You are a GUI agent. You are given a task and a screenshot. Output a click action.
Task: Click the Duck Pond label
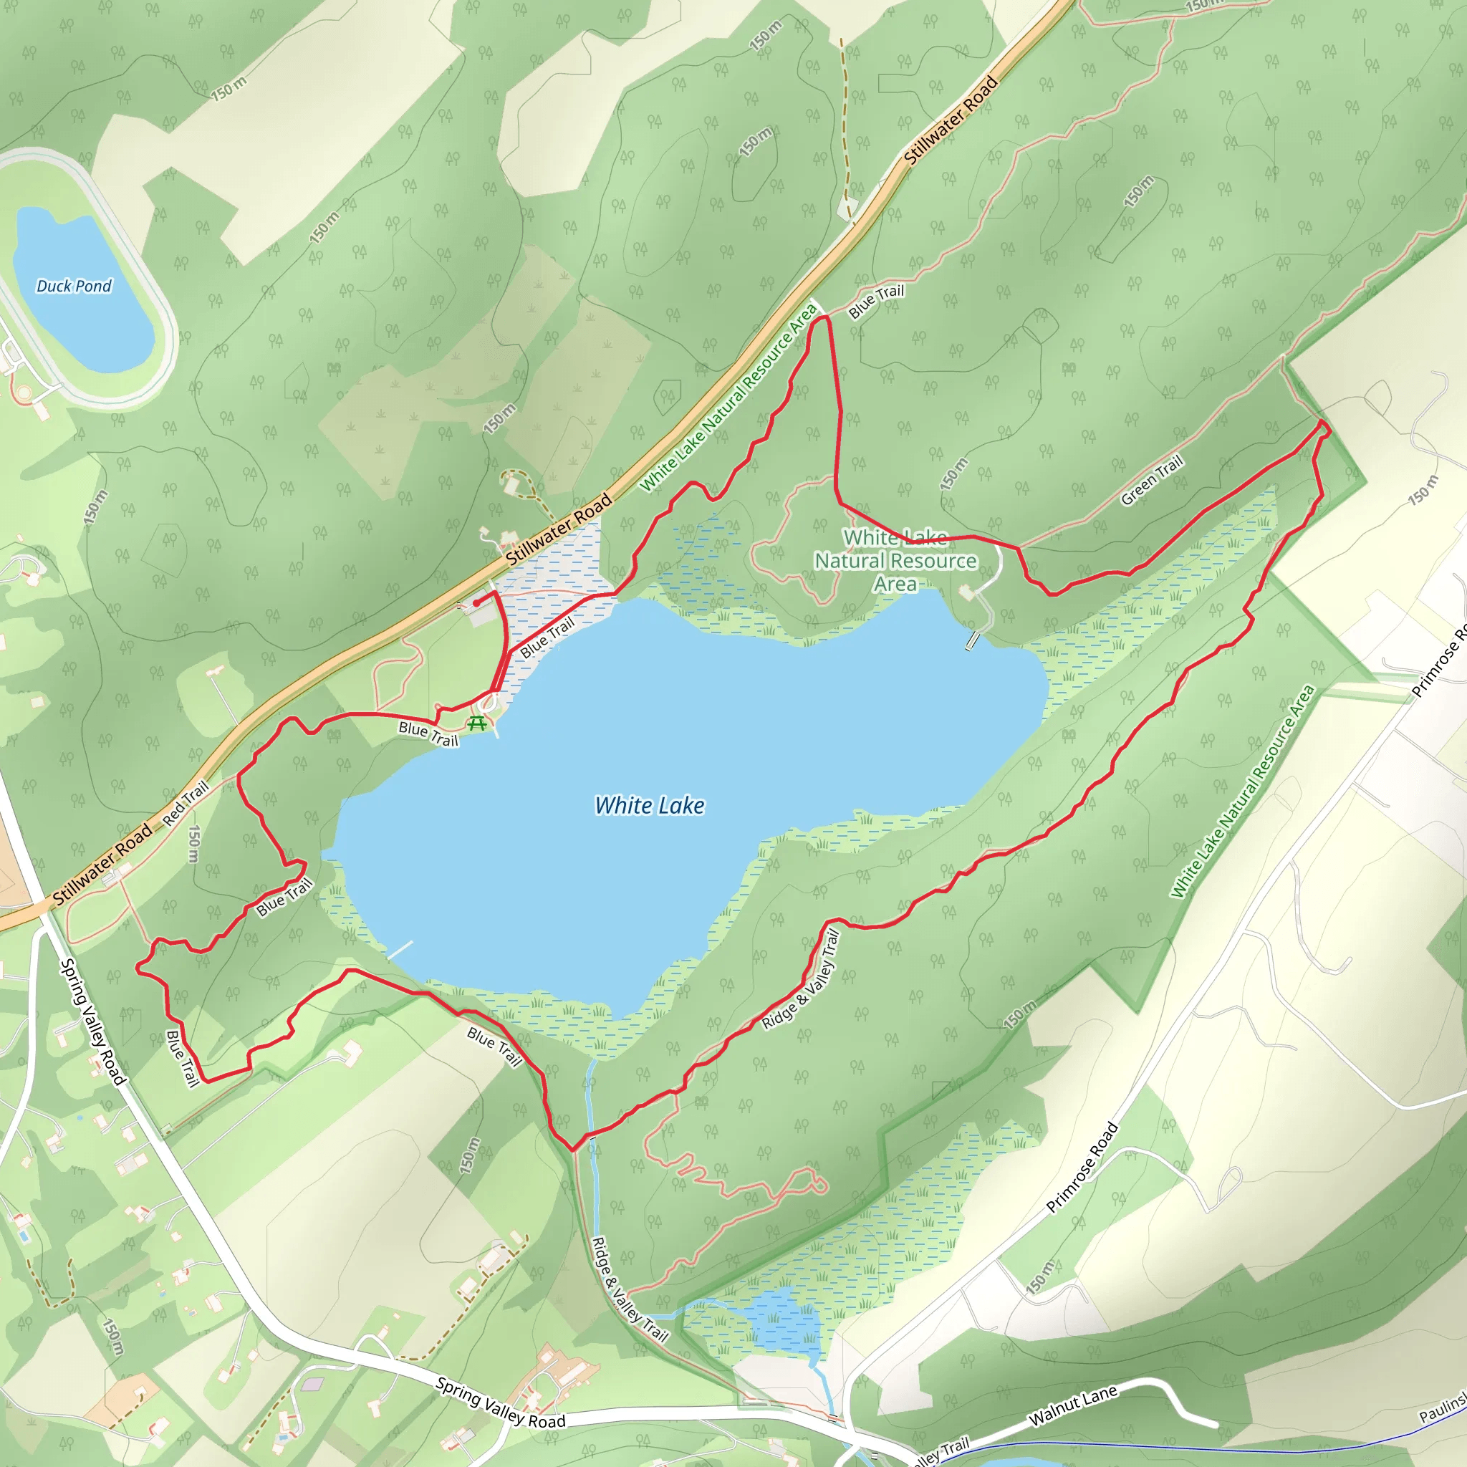pos(74,287)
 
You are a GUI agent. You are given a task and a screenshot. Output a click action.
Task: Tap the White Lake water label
pos(649,806)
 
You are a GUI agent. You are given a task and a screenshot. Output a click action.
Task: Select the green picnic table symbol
pos(477,723)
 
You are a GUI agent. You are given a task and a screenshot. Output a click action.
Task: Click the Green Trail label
pos(1152,480)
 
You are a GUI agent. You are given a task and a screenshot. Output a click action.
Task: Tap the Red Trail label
pos(186,804)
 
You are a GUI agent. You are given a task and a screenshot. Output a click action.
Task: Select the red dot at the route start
pos(476,603)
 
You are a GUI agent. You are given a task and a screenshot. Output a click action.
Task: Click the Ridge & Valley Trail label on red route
pos(801,979)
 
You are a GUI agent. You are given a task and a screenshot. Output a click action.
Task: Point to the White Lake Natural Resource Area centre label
pos(895,561)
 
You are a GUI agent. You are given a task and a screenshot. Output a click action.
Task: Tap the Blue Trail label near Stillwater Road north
pos(876,302)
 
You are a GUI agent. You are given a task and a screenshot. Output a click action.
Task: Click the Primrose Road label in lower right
pos(1082,1167)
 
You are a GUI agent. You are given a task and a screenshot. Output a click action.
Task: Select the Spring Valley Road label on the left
pos(92,1021)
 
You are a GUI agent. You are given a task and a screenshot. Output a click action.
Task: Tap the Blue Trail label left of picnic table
pos(428,733)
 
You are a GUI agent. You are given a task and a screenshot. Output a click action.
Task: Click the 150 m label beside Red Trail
pos(193,844)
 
